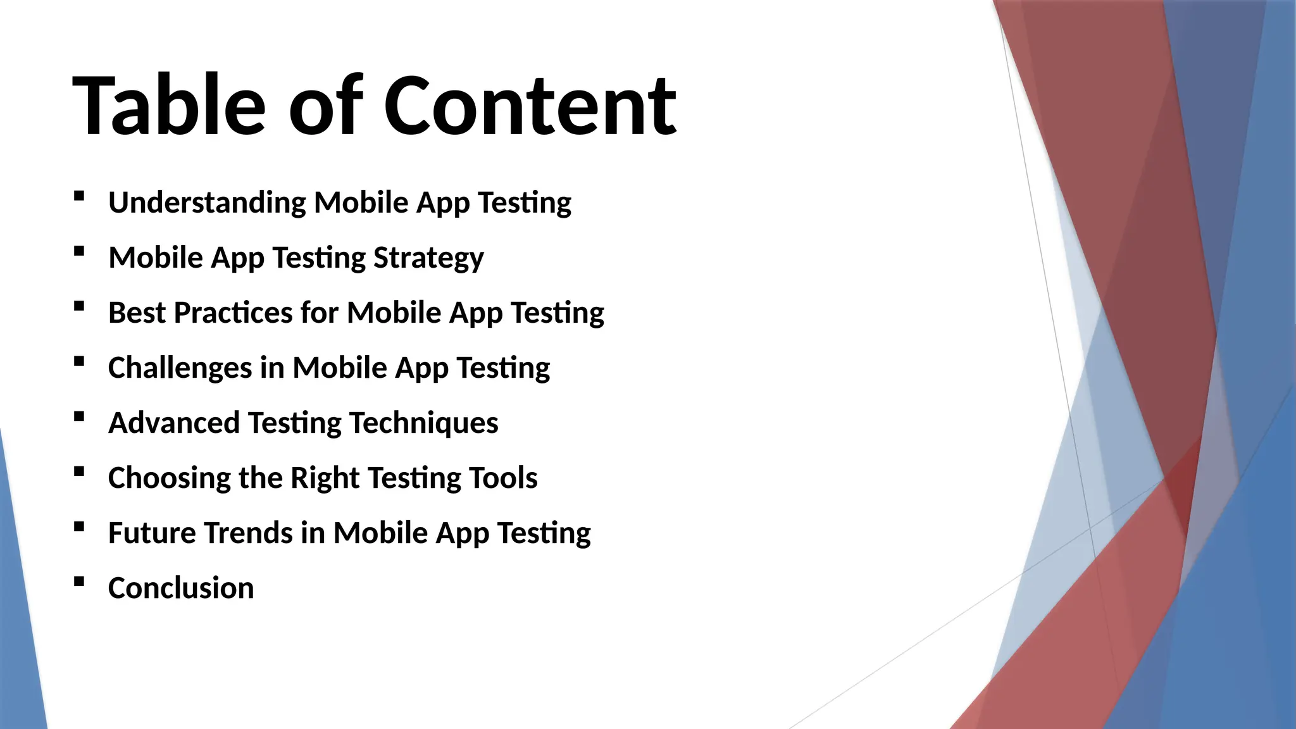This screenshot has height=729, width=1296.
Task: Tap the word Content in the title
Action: (530, 106)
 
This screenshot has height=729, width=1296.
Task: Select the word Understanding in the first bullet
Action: (207, 203)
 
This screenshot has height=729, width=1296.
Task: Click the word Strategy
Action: (428, 258)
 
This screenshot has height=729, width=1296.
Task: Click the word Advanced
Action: (174, 423)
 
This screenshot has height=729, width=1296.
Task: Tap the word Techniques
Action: (423, 423)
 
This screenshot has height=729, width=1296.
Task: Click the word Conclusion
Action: (181, 588)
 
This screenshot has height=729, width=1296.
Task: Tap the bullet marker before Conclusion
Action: (79, 582)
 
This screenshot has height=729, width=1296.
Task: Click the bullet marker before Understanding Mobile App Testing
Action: (79, 196)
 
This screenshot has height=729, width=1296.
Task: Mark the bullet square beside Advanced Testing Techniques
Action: (79, 416)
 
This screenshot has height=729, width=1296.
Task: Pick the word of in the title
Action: (326, 106)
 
